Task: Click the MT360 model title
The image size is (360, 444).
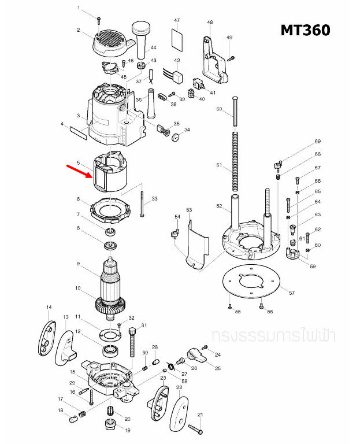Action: coord(305,31)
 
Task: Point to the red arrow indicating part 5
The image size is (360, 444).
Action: coord(78,170)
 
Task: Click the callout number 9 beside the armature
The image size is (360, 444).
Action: coord(77,264)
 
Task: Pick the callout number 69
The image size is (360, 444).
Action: coord(317,142)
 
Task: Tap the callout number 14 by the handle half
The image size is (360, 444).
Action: coord(50,307)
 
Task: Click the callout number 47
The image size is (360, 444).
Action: coord(177,21)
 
